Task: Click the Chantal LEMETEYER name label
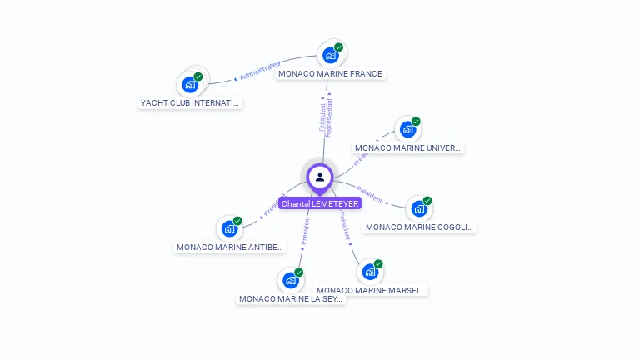click(319, 203)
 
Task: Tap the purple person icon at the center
click(319, 177)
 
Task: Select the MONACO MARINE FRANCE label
click(330, 73)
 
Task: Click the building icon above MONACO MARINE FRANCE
click(330, 56)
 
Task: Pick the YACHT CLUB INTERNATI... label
click(190, 103)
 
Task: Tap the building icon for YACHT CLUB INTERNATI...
click(190, 84)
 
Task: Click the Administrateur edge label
click(260, 72)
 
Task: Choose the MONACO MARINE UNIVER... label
click(408, 147)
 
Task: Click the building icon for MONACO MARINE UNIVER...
click(407, 129)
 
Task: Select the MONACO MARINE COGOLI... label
click(420, 227)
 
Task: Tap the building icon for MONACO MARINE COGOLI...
click(418, 208)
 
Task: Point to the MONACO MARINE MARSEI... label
click(372, 290)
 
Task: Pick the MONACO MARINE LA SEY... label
click(291, 298)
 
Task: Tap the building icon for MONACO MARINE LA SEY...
click(290, 280)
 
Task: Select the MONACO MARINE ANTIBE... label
click(231, 247)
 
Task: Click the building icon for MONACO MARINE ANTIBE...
click(229, 228)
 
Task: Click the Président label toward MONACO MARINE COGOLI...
click(369, 194)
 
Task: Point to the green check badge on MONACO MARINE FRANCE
click(338, 47)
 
